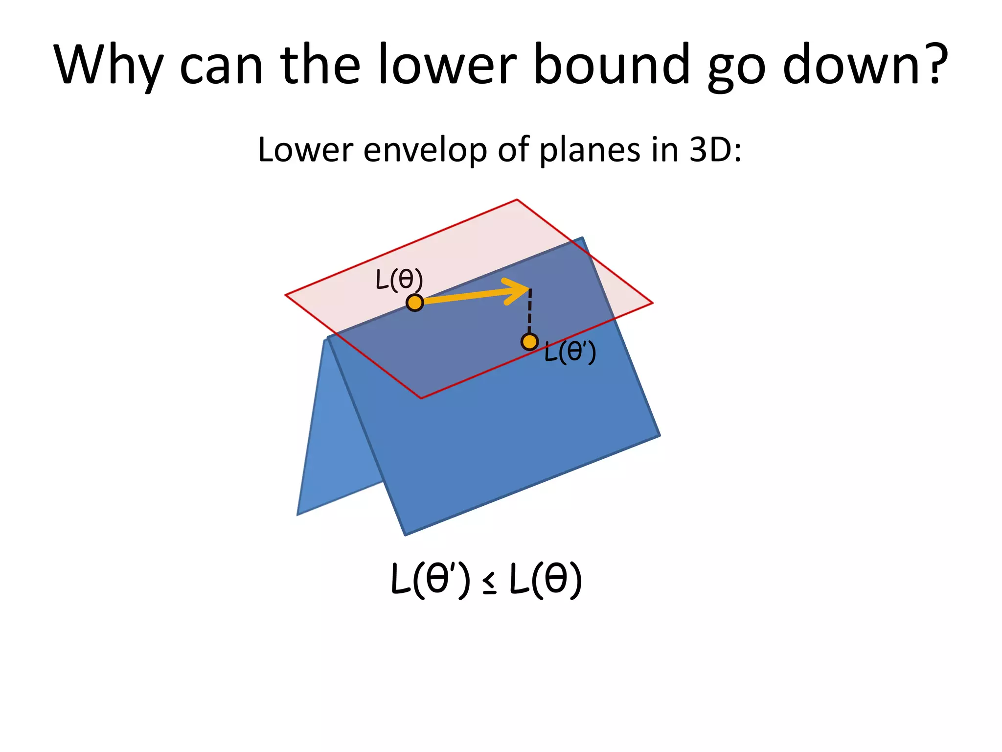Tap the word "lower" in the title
[x=447, y=65]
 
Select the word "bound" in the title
[x=612, y=65]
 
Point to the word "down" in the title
[x=851, y=65]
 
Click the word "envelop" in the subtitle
[x=425, y=150]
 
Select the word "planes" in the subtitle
[x=590, y=150]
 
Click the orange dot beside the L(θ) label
[x=415, y=303]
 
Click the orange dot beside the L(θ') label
[x=529, y=342]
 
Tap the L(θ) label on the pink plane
[x=399, y=280]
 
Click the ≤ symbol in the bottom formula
[x=489, y=583]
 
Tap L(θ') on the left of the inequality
[x=431, y=579]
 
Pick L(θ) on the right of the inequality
[x=546, y=579]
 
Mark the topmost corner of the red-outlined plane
[x=517, y=200]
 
